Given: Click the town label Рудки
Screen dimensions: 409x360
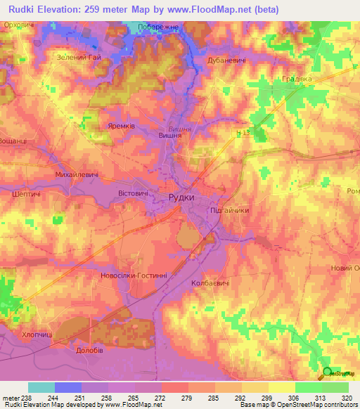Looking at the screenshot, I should coord(181,198).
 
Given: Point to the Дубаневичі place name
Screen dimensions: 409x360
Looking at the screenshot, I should coord(226,61).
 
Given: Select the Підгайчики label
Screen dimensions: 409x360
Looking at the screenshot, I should coord(230,210).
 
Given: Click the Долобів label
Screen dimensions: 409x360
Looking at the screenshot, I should coord(89,349).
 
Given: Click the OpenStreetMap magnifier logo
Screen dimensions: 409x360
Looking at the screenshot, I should coord(327,372).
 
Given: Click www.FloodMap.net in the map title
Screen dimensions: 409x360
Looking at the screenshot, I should coord(216,9).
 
